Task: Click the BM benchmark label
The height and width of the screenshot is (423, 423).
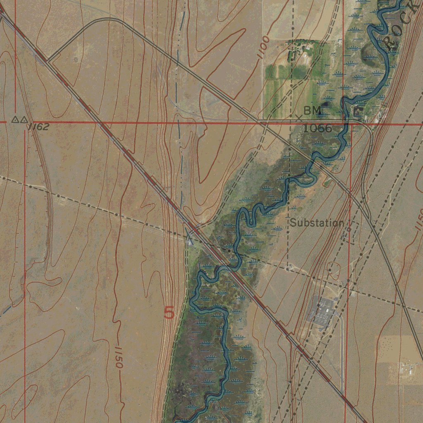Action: click(311, 111)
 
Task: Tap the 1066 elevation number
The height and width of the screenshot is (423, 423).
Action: click(317, 128)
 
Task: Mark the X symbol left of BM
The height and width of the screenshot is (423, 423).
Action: click(299, 117)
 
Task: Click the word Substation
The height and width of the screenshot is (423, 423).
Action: click(316, 223)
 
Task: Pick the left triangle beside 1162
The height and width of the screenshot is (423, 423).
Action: click(14, 120)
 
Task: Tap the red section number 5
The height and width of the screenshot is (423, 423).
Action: click(169, 313)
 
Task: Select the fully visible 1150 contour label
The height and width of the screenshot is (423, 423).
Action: click(117, 356)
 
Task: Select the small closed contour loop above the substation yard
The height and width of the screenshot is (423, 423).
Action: click(333, 269)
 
